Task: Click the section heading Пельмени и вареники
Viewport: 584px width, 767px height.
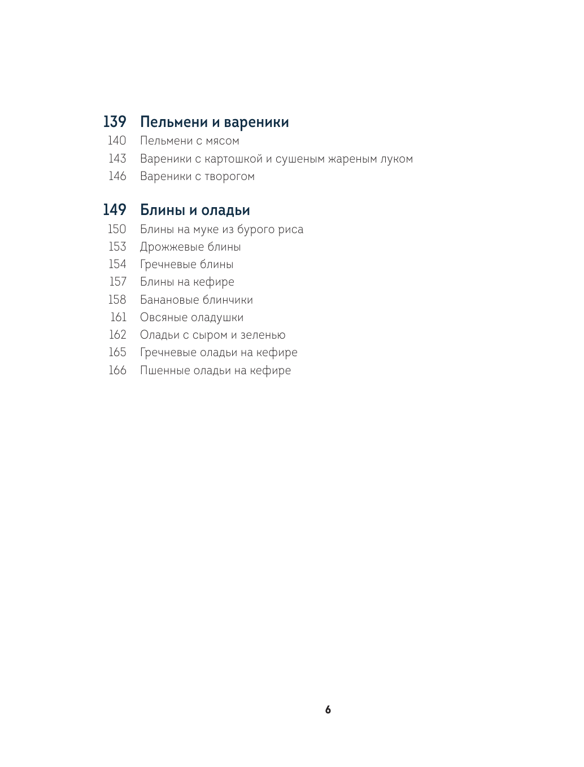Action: [x=214, y=122]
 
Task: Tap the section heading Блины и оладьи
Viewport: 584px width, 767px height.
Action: [x=195, y=211]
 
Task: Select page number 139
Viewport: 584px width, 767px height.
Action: [x=115, y=122]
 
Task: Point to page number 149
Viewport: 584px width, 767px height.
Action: [x=115, y=210]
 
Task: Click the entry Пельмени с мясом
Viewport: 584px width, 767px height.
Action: [x=189, y=141]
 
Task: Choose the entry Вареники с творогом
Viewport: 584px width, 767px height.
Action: [x=197, y=177]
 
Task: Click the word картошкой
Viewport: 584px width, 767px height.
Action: [x=233, y=159]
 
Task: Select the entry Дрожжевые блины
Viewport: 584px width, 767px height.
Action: [x=190, y=247]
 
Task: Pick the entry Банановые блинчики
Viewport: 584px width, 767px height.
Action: [x=196, y=300]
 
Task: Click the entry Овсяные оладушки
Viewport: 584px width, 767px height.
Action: [x=191, y=318]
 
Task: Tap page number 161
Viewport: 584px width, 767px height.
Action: [x=118, y=317]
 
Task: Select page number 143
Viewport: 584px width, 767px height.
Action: [x=117, y=159]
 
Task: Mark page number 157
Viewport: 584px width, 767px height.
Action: [x=117, y=282]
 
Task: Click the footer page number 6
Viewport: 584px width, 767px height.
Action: [x=328, y=710]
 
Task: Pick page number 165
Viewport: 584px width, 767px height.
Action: [x=117, y=352]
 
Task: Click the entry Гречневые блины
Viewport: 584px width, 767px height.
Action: [x=186, y=265]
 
